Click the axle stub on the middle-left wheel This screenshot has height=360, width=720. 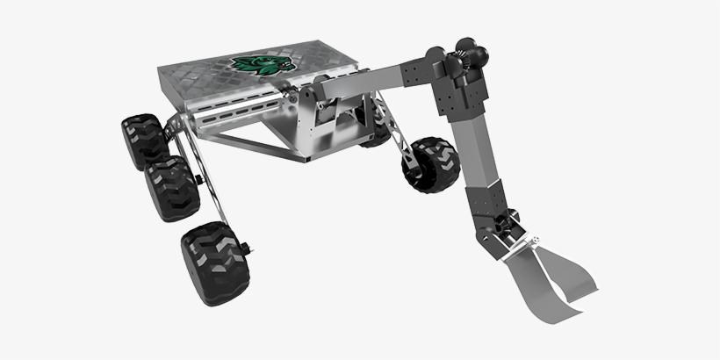tap(200, 180)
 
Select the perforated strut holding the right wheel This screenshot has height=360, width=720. tap(395, 140)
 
